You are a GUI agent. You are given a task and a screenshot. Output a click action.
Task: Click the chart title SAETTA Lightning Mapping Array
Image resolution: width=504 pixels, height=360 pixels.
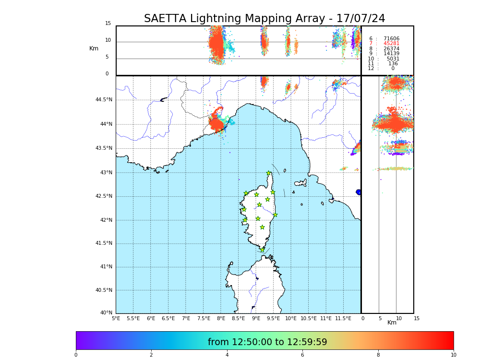[264, 19]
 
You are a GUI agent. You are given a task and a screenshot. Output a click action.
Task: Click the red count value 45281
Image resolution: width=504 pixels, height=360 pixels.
[391, 44]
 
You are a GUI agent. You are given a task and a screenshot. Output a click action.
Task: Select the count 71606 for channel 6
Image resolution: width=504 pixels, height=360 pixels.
[391, 38]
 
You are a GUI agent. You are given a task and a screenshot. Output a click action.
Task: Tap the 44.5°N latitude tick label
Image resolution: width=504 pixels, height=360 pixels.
[104, 100]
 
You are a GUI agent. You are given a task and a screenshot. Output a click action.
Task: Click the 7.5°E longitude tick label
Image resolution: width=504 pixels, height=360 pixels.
[204, 318]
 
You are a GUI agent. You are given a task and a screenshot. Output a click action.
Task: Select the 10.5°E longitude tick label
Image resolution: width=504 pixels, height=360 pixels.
[308, 318]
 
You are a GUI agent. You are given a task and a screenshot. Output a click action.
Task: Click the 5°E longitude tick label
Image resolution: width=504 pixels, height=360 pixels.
[116, 318]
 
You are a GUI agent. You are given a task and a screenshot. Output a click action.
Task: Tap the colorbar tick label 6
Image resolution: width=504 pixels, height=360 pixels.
[302, 355]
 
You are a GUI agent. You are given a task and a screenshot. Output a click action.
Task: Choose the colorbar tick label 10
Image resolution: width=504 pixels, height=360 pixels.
[453, 355]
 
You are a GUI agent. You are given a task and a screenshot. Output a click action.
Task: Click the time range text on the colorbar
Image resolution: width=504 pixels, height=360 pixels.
[267, 342]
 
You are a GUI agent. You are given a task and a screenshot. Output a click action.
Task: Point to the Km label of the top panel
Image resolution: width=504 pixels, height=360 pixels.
[94, 48]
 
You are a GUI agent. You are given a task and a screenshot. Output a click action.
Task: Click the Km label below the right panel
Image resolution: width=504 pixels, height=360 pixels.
[392, 323]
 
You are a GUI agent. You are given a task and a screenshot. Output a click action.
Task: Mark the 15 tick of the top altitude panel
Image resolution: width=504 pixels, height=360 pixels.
[108, 24]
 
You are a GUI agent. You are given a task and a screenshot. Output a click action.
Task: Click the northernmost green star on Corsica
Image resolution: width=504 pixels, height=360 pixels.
[269, 173]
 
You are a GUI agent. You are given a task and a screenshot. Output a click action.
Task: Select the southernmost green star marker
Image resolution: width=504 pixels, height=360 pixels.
[262, 250]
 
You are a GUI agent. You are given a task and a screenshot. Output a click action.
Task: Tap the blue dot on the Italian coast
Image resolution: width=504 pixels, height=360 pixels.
[359, 192]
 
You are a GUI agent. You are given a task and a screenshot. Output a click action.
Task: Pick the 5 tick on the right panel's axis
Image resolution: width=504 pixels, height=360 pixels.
[380, 318]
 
